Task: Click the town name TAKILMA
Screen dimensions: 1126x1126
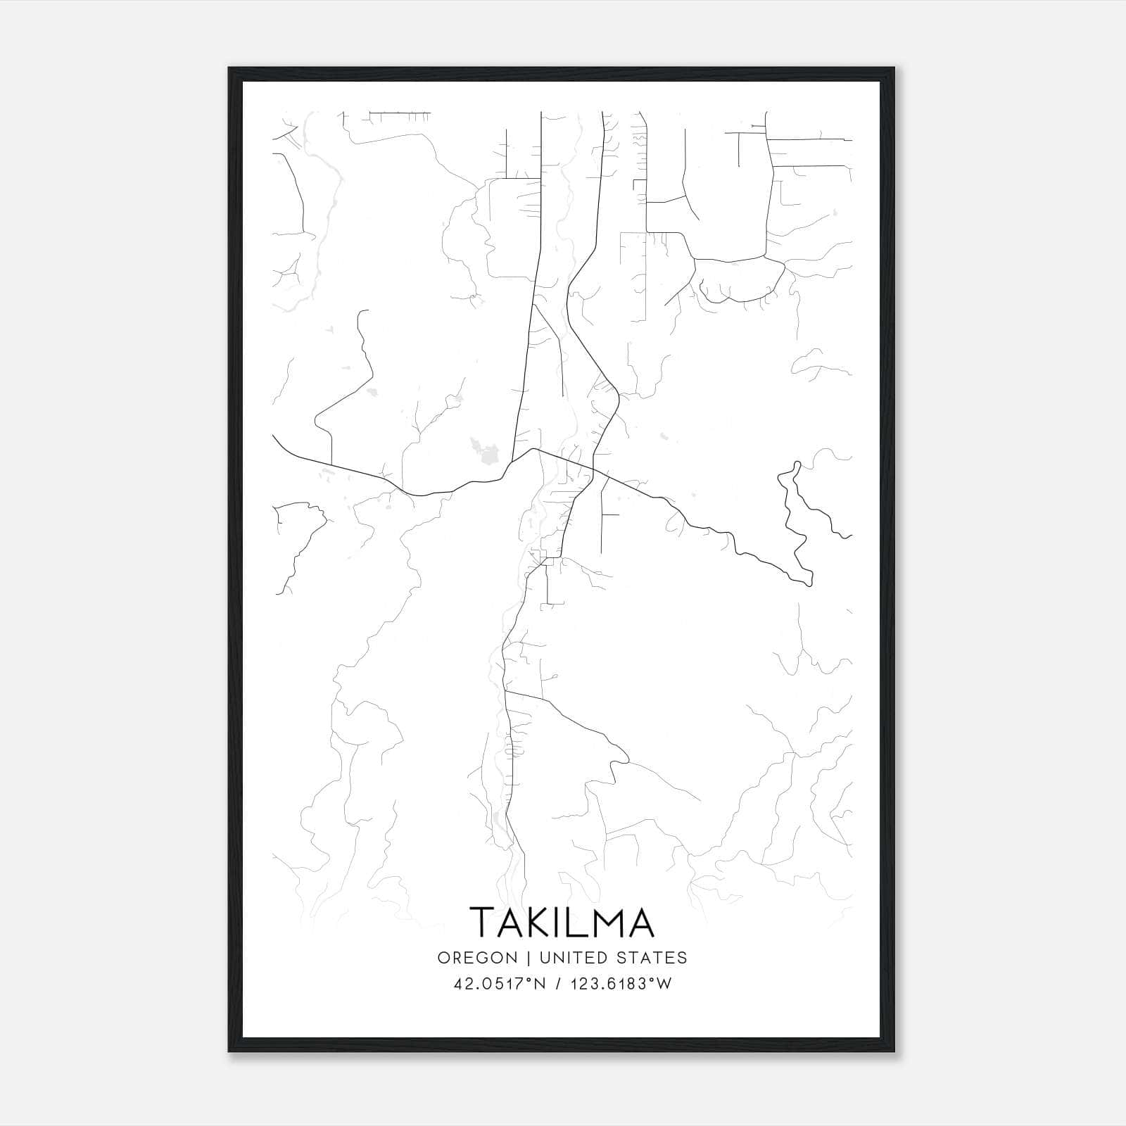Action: coord(562,923)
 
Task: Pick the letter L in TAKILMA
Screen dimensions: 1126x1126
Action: coord(576,923)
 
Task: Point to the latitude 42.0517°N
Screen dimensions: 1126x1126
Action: coord(500,984)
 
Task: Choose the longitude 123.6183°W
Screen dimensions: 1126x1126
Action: coord(616,984)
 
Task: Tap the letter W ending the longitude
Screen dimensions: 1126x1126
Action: coord(664,984)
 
